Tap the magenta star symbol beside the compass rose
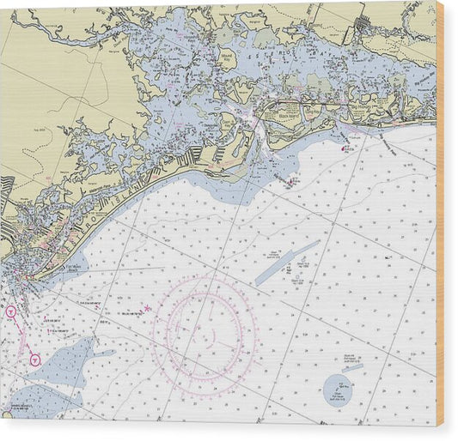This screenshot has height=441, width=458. [x=147, y=308]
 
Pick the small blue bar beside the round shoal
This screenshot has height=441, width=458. [x=354, y=368]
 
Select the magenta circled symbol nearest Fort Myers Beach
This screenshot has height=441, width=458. [x=11, y=311]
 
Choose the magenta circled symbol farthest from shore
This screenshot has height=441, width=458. [x=34, y=359]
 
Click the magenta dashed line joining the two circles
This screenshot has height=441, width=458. [x=22, y=335]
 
